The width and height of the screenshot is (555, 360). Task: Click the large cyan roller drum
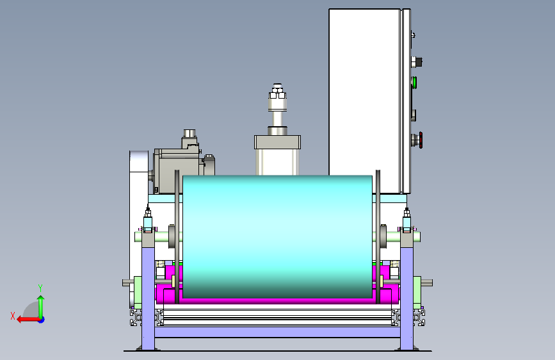click(278, 236)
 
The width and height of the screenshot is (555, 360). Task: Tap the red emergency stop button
click(421, 140)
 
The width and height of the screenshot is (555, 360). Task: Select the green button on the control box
click(414, 83)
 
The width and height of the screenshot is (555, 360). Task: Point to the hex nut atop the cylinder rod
click(278, 95)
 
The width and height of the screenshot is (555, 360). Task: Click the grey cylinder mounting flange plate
click(278, 142)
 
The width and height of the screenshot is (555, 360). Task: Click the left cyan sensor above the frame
click(148, 222)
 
